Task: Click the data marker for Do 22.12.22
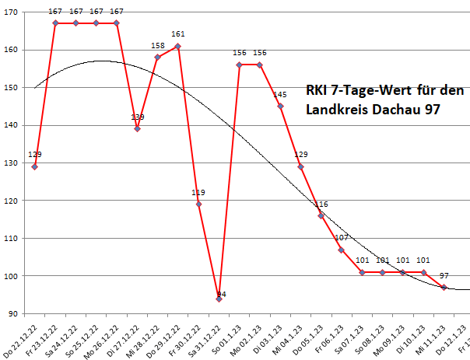click(34, 166)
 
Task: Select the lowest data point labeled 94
click(219, 299)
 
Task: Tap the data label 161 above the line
click(178, 34)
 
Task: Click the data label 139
click(137, 117)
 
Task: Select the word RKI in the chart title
click(319, 90)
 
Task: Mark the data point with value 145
click(280, 106)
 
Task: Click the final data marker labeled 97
click(444, 288)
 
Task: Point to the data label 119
click(199, 193)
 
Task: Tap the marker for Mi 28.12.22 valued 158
click(157, 57)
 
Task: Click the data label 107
click(341, 238)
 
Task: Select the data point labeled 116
click(321, 215)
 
